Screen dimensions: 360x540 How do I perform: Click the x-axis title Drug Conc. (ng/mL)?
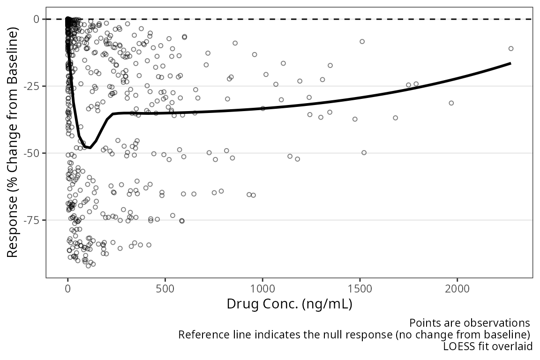coord(289,304)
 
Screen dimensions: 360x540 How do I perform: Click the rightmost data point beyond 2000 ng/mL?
coord(511,48)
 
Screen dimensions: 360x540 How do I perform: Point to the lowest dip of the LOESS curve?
coord(90,148)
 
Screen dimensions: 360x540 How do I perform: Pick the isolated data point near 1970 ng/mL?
coord(451,103)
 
